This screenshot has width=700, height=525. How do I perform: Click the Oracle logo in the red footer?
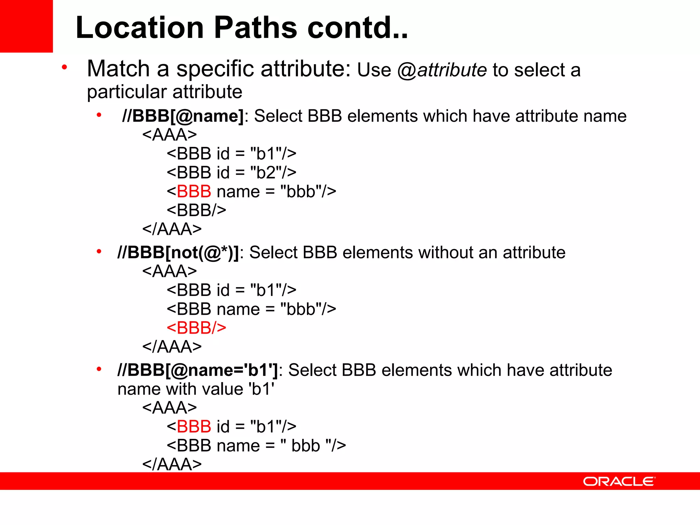pos(619,482)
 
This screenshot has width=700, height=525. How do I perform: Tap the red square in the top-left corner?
pos(26,26)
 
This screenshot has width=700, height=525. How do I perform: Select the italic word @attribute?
pos(442,70)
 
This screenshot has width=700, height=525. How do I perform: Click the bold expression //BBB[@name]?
pos(183,116)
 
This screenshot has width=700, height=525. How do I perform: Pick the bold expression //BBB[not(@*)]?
pos(178,253)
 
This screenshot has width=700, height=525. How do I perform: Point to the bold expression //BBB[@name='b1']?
pos(198,371)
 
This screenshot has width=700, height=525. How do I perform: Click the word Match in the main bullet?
pos(118,69)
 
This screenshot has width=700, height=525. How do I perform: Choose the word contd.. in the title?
pos(358,28)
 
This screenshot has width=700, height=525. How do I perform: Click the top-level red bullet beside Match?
pos(64,67)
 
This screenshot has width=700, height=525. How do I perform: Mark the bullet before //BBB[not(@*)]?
pos(99,252)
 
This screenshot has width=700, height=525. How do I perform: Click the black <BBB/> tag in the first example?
pos(196,210)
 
